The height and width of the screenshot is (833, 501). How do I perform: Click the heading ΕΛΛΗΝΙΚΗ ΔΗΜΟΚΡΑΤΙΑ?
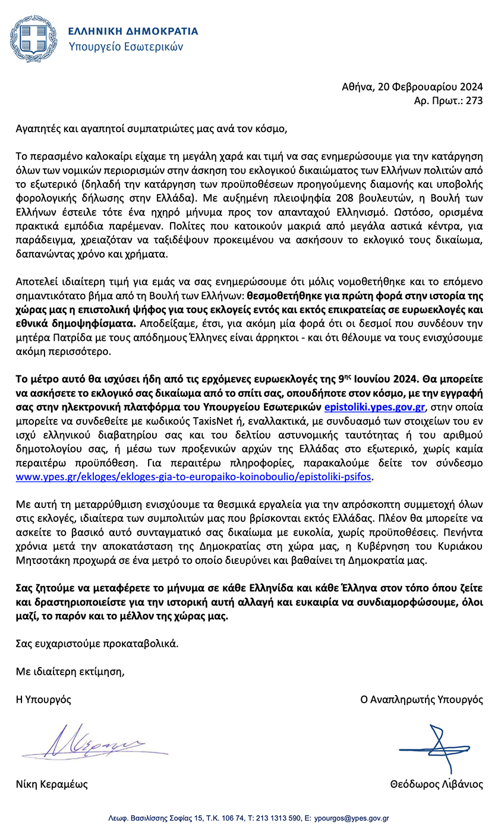(x=133, y=31)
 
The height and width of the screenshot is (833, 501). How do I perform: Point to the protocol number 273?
(x=474, y=101)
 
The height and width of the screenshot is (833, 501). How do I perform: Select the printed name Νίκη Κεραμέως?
(x=52, y=784)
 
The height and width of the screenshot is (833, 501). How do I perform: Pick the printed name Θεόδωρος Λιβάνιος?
(x=436, y=784)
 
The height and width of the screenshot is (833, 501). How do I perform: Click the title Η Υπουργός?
(x=43, y=699)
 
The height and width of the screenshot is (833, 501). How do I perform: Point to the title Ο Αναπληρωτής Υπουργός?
(x=422, y=699)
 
